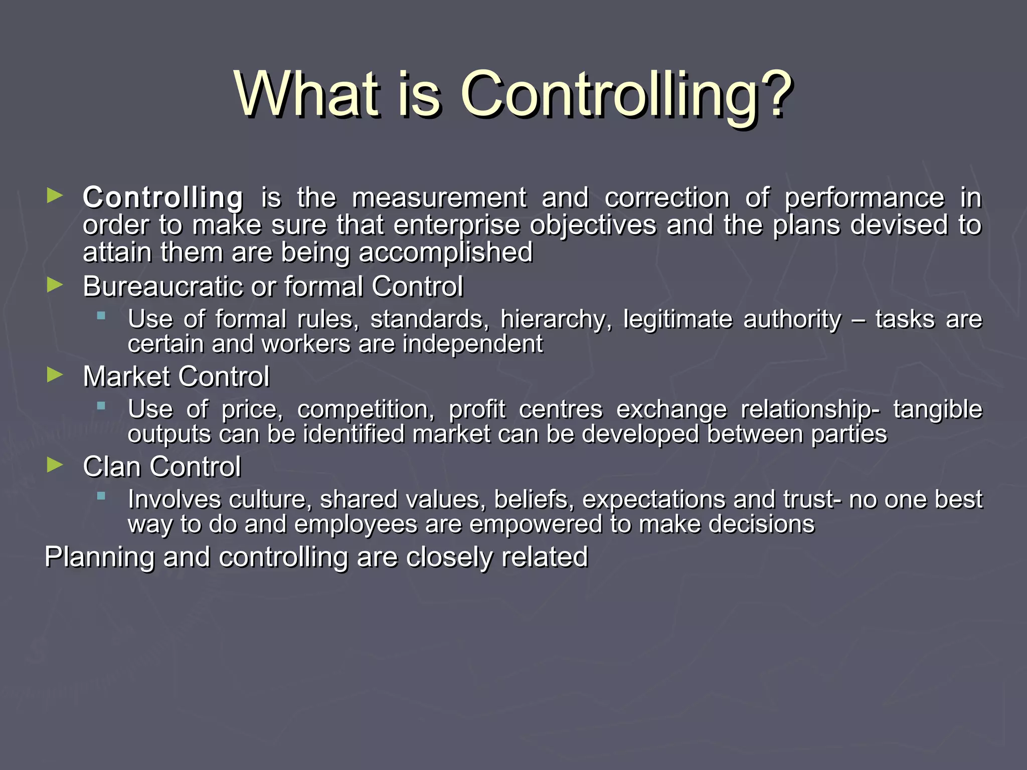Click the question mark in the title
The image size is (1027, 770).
coord(774,94)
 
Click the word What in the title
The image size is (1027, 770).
coord(307,94)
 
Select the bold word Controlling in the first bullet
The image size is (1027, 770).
coord(163,198)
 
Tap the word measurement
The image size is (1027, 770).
coord(439,198)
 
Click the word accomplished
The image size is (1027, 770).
coord(445,252)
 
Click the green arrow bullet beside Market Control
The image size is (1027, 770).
coord(55,374)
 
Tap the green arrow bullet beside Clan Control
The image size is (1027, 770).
coord(55,465)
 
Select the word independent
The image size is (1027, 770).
coord(472,344)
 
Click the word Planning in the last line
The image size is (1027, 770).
coord(99,557)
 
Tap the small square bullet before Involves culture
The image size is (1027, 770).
coord(101,496)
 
